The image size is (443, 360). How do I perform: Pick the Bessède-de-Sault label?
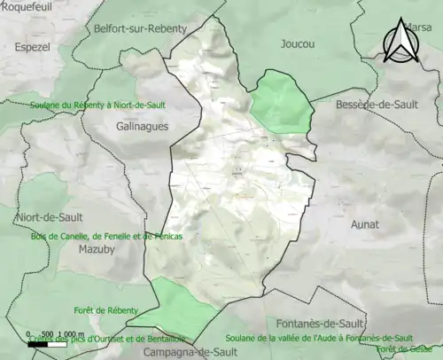pos(377,105)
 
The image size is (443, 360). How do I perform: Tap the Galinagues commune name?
pos(143,127)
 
